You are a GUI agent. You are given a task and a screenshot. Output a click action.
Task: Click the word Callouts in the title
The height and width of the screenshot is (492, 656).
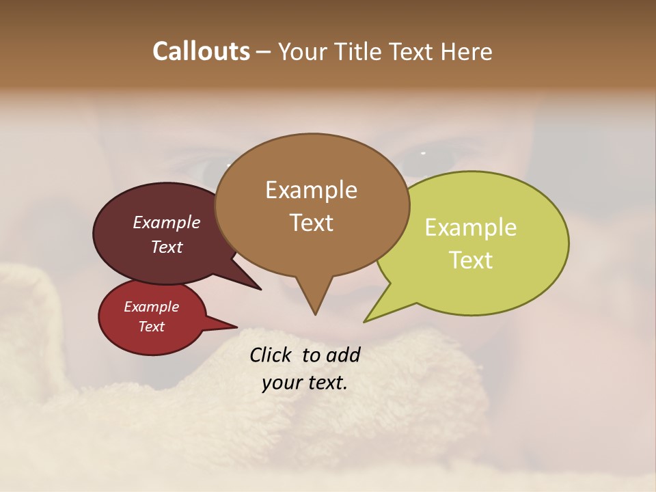[201, 51]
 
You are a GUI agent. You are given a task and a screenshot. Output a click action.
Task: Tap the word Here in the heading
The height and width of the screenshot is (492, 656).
[465, 51]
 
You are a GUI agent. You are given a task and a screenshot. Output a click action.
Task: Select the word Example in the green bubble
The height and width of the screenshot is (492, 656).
[471, 228]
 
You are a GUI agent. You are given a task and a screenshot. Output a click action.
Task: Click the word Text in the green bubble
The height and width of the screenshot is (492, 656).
[471, 260]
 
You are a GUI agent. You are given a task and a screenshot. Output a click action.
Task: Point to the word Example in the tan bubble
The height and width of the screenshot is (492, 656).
[311, 190]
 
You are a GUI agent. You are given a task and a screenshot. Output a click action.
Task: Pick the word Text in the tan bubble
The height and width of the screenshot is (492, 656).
[311, 223]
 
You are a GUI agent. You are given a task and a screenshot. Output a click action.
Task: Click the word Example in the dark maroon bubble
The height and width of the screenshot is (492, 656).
[166, 222]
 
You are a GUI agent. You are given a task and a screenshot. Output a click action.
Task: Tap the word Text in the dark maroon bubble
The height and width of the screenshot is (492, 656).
[166, 247]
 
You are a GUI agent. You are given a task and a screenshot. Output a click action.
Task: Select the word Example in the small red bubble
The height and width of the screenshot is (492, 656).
[151, 307]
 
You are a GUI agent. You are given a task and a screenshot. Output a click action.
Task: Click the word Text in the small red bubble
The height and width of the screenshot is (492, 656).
[151, 327]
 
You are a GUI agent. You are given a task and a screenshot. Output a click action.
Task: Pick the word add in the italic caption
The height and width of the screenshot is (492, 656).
[342, 355]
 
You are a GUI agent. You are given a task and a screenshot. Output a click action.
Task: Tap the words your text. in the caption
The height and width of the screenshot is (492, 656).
[304, 383]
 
